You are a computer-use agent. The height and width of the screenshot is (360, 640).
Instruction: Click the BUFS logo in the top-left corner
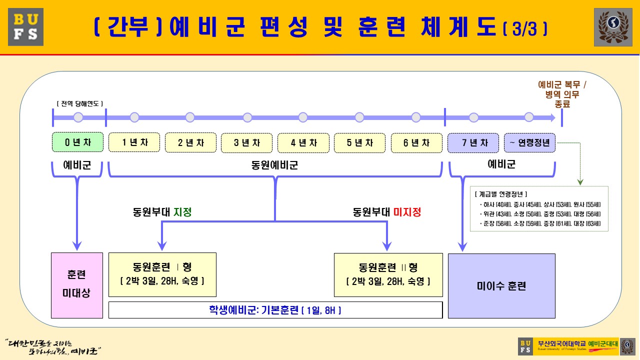click(25, 27)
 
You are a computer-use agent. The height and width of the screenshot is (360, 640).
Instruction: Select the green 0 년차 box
click(78, 142)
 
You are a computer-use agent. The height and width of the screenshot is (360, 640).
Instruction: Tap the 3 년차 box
click(247, 142)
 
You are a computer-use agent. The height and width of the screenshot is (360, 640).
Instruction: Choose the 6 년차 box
click(416, 142)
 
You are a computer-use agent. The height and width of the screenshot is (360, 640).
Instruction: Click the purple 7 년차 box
click(473, 142)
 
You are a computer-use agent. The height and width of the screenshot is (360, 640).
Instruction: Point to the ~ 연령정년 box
click(529, 142)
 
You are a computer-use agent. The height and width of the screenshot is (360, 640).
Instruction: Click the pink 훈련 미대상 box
click(76, 285)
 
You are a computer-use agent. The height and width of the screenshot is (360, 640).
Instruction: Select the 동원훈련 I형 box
click(162, 274)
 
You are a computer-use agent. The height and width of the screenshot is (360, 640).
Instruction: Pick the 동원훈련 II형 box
click(388, 274)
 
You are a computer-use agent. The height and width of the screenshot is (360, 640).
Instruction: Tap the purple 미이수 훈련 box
click(501, 286)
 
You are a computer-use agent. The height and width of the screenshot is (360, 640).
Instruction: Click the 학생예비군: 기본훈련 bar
click(275, 310)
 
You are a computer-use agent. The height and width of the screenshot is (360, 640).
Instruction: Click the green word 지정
click(182, 212)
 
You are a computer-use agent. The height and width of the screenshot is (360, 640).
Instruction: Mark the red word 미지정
click(407, 212)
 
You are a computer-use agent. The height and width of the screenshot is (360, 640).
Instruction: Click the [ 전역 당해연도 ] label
click(80, 103)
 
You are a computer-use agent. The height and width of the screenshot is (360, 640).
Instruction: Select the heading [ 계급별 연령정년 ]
click(501, 194)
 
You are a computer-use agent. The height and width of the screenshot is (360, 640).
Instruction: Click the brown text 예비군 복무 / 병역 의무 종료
click(562, 94)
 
